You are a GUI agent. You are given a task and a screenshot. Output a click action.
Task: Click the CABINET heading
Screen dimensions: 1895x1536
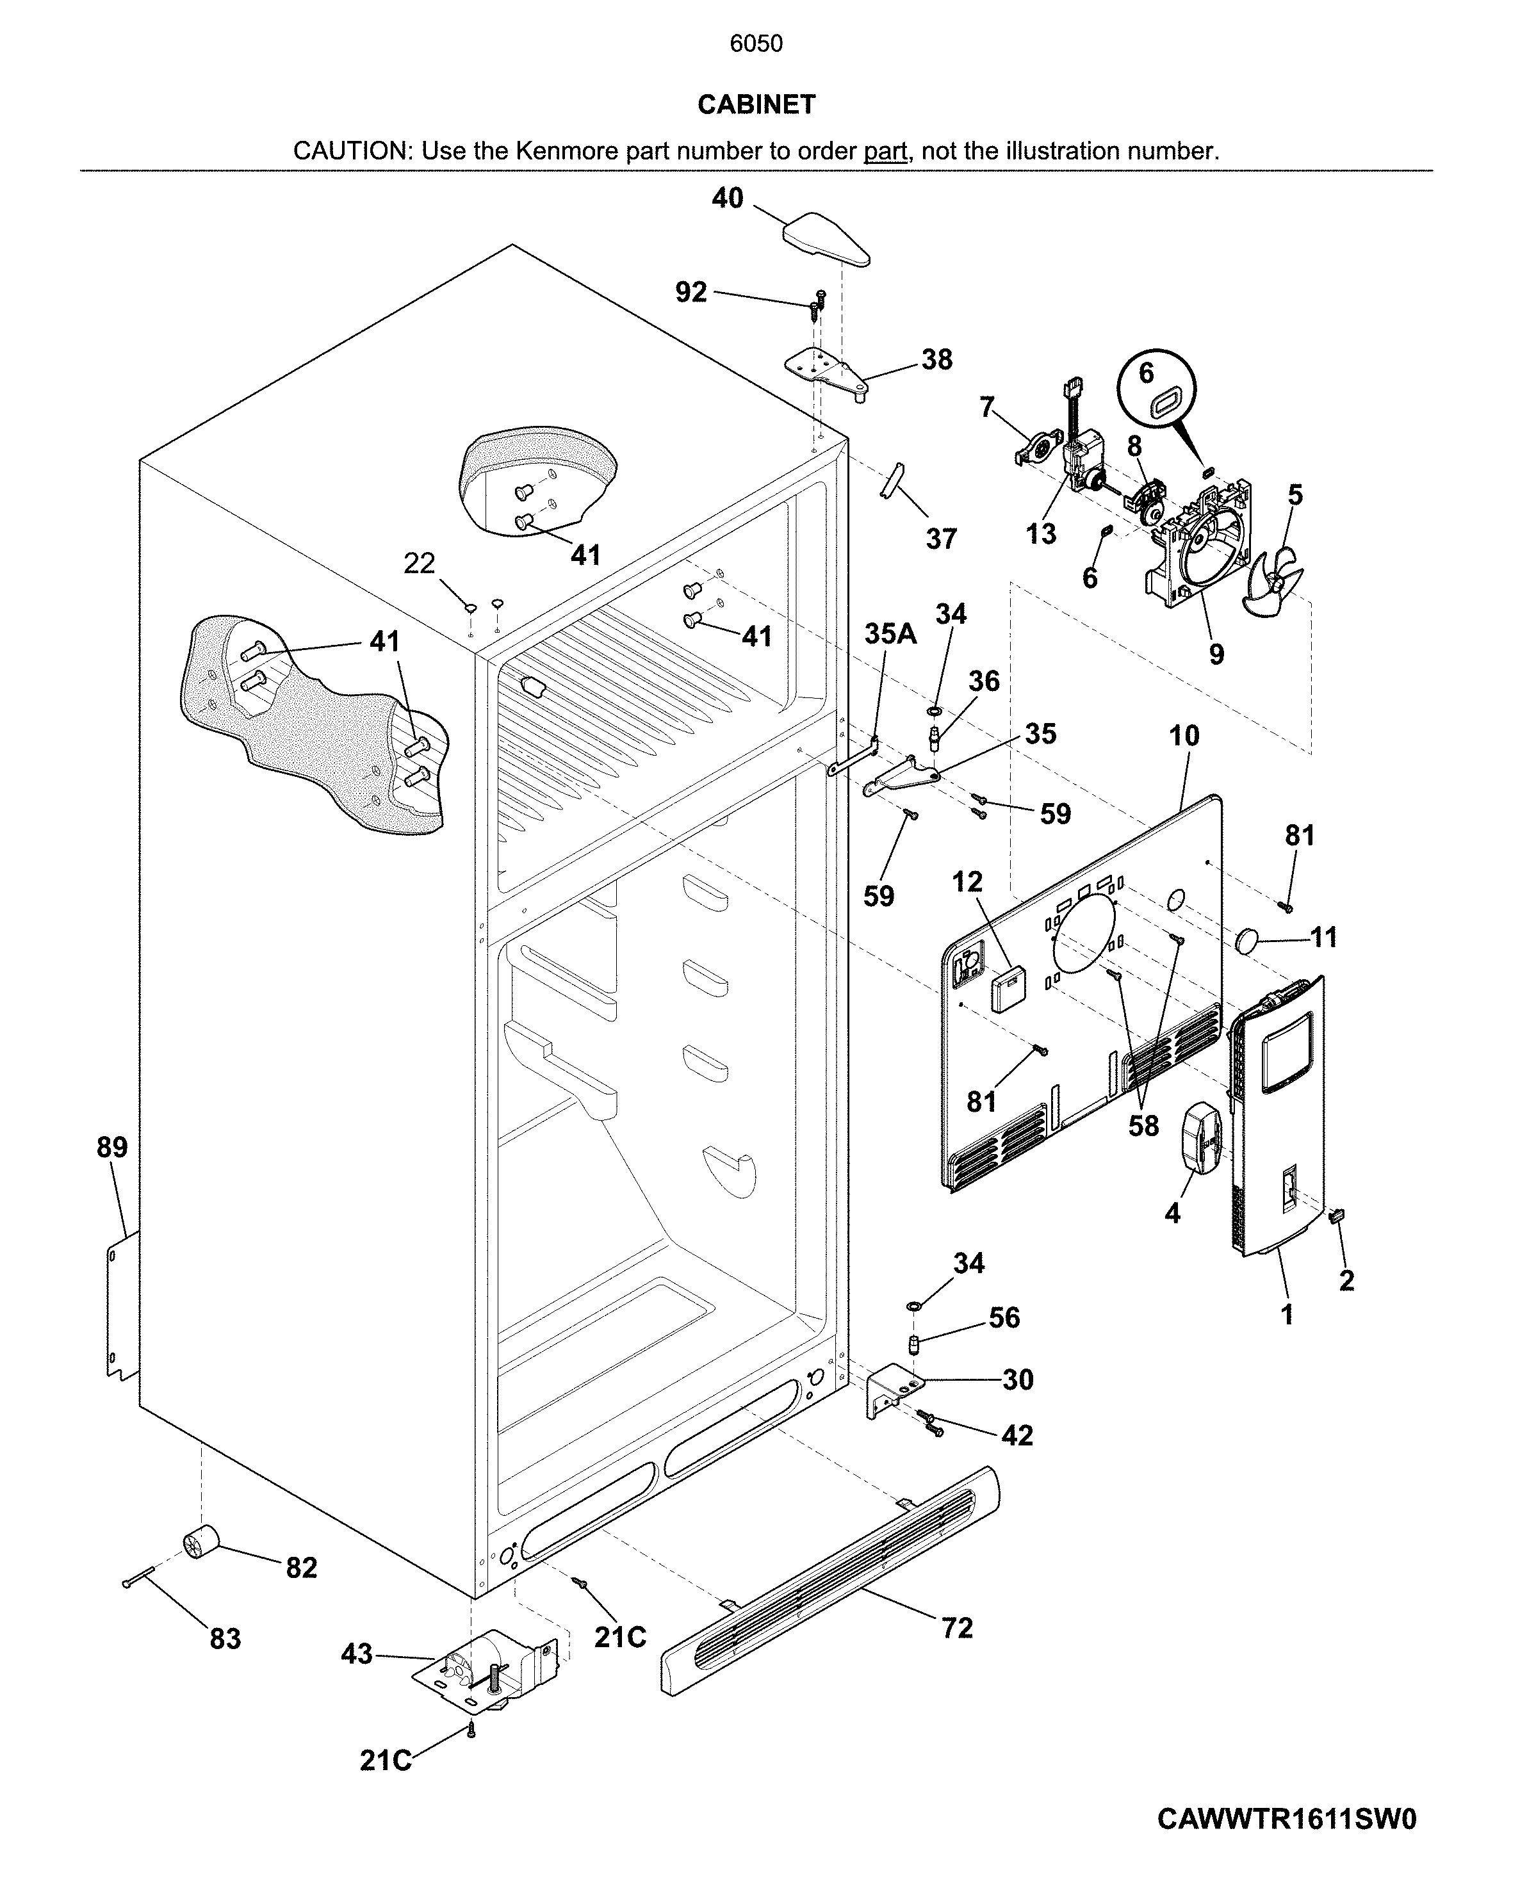tap(756, 104)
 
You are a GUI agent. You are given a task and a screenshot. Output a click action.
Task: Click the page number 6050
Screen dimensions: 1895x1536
tap(756, 44)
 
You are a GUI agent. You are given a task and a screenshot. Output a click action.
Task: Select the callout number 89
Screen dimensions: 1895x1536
tap(112, 1148)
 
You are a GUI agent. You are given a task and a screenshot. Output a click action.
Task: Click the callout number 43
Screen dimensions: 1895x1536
tap(357, 1654)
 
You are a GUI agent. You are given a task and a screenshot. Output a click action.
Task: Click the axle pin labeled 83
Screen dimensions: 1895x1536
tap(140, 1577)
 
